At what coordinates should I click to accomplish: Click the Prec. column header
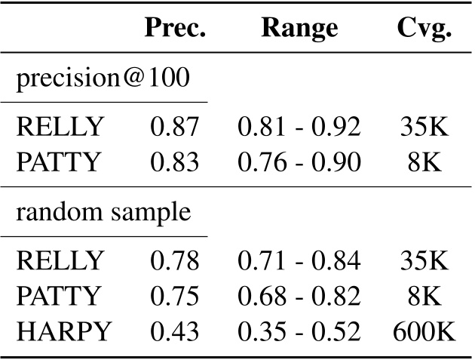176,29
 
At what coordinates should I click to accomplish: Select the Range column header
300,29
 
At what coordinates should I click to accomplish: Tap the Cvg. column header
424,29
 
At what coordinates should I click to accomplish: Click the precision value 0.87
175,127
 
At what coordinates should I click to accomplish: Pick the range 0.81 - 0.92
299,127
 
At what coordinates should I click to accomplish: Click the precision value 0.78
175,262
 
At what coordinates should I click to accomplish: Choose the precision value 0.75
175,296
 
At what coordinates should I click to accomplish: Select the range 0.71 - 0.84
299,262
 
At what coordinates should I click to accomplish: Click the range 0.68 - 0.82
299,296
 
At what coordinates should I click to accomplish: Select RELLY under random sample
60,262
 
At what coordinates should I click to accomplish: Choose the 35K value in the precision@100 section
424,127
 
